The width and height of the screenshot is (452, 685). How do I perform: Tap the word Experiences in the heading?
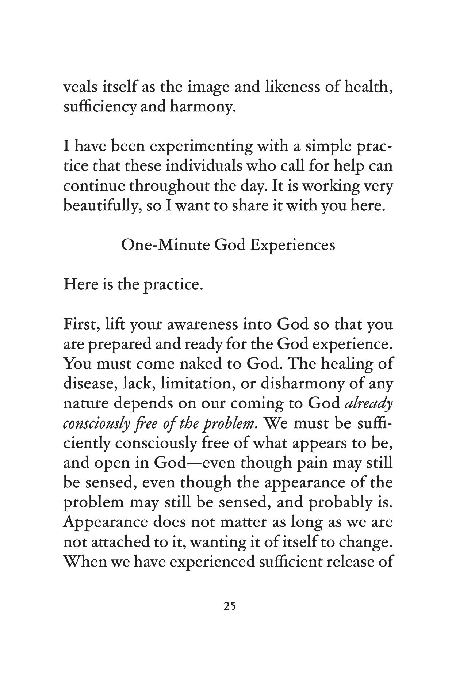pyautogui.click(x=292, y=246)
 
